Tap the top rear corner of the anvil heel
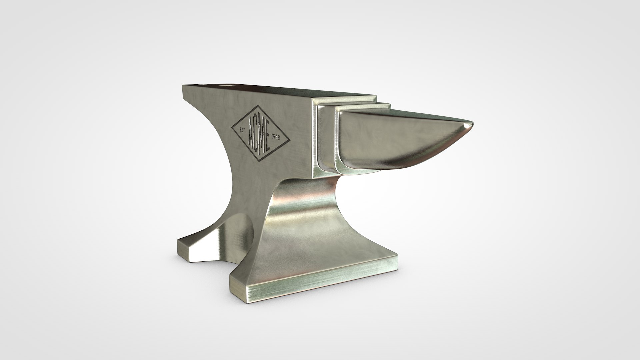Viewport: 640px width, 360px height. pyautogui.click(x=183, y=86)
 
